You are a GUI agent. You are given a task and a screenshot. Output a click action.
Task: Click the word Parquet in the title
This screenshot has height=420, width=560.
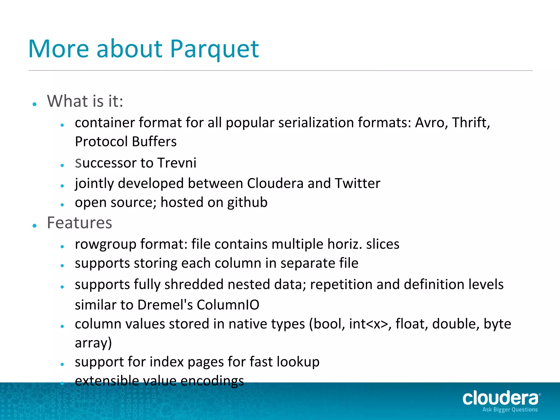click(214, 49)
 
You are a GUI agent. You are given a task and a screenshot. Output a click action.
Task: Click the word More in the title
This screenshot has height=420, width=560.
click(59, 49)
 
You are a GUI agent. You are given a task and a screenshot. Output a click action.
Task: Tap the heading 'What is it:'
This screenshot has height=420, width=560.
click(85, 101)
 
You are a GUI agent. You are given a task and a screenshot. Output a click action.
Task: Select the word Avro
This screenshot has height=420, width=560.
click(431, 122)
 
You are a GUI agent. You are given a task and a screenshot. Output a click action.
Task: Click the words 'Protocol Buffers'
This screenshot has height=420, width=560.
click(126, 142)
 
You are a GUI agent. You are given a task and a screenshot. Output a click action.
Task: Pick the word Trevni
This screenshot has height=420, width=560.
click(177, 163)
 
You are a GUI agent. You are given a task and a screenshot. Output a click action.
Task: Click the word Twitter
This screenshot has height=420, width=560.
click(358, 183)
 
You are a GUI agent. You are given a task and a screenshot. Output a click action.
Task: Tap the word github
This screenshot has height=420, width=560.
click(247, 203)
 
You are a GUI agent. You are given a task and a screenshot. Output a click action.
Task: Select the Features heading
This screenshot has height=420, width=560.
click(80, 223)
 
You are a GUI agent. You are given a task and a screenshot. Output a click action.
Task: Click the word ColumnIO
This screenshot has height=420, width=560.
click(228, 305)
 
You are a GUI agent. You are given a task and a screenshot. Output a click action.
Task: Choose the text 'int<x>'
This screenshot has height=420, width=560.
click(368, 324)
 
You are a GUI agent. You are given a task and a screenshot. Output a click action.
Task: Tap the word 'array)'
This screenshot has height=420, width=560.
click(93, 343)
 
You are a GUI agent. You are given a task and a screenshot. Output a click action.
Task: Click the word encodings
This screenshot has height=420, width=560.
click(212, 381)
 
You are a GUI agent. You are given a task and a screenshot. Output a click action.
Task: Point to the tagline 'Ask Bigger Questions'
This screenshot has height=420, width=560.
click(510, 410)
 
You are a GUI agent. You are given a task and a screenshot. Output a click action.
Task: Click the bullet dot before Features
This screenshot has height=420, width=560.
click(34, 226)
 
